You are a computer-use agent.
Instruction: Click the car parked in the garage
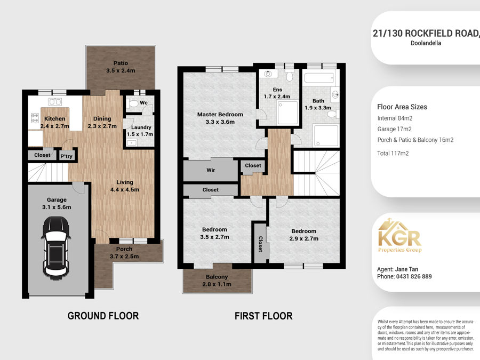point(56,247)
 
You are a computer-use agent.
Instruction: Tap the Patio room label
point(121,63)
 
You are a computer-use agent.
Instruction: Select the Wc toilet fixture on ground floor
point(134,103)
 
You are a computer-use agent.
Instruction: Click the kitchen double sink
point(55,101)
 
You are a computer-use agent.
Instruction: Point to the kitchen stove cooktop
point(35,118)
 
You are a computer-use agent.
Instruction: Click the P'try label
point(67,156)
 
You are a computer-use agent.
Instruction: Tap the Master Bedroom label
point(220,115)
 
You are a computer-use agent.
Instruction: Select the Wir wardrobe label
point(211,170)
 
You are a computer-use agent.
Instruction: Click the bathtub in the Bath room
point(318,78)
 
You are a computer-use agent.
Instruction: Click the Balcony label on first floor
point(217,277)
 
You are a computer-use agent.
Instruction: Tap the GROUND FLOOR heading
point(103,316)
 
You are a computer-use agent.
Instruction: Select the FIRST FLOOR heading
point(263,316)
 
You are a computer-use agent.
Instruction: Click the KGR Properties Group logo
point(400,236)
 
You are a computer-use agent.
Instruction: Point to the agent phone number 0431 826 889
point(414,276)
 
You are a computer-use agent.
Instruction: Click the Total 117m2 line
point(393,154)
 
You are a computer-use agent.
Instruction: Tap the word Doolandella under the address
point(426,43)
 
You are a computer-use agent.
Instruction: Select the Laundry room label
point(141,127)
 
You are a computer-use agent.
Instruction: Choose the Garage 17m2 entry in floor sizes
point(394,129)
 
